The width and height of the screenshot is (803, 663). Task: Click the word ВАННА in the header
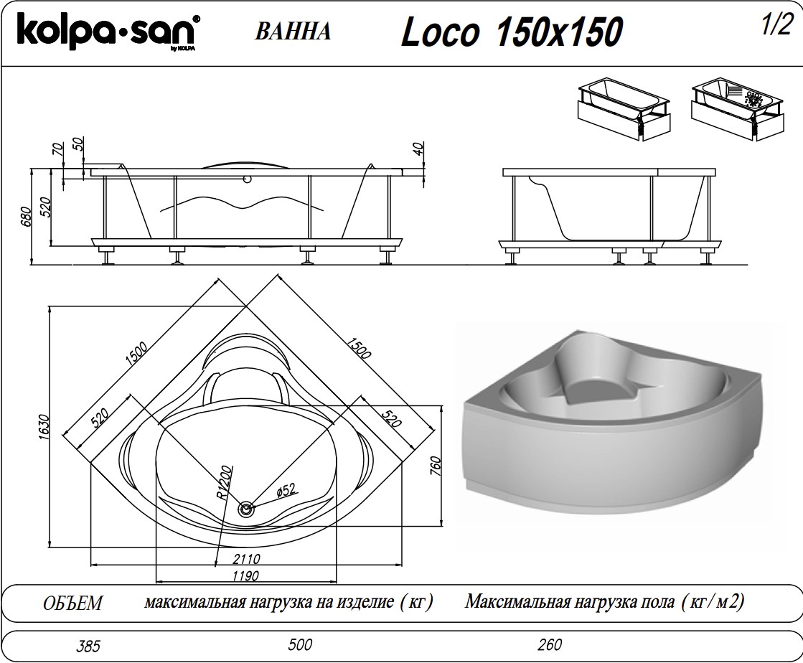pos(292,32)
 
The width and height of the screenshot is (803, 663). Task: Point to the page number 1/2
pos(776,25)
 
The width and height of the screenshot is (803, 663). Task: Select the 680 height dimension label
pos(26,217)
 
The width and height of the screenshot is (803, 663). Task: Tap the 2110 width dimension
pos(246,558)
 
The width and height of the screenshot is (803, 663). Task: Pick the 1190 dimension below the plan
pos(245,575)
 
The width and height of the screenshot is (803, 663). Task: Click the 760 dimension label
pos(436,466)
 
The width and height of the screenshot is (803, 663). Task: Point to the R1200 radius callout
pos(222,483)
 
